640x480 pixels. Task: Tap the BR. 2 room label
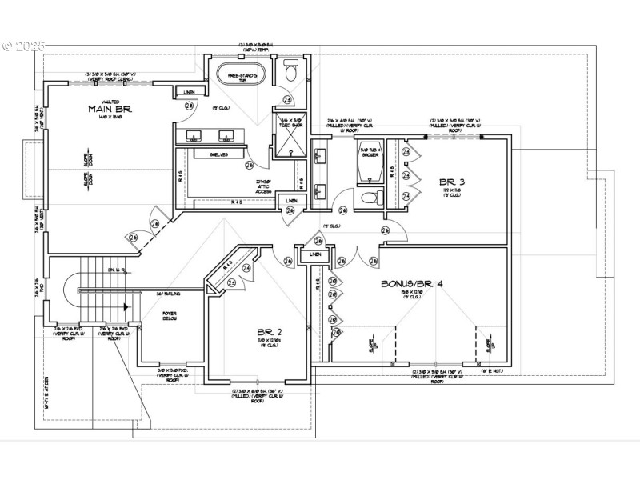point(269,331)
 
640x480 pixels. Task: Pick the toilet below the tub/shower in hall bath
point(370,197)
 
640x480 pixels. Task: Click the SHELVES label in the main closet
point(219,154)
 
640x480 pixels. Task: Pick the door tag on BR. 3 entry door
point(385,230)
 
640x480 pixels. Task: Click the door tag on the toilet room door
point(287,100)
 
